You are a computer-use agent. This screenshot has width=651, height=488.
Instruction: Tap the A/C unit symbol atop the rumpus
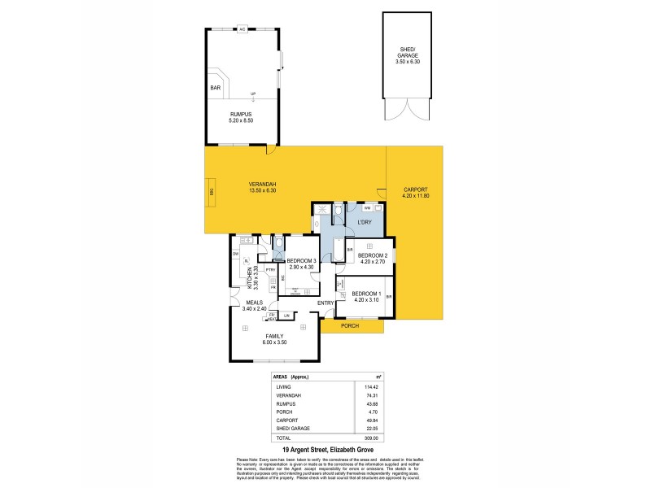click(242, 30)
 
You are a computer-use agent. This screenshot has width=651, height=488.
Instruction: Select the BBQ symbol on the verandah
click(211, 194)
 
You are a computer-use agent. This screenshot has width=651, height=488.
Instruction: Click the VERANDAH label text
click(262, 185)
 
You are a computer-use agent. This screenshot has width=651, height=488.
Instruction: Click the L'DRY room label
click(365, 222)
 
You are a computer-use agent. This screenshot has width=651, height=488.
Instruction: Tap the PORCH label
click(350, 326)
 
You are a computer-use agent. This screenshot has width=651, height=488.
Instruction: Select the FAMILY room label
click(274, 335)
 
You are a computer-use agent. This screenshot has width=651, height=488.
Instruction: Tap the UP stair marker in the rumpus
click(242, 94)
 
